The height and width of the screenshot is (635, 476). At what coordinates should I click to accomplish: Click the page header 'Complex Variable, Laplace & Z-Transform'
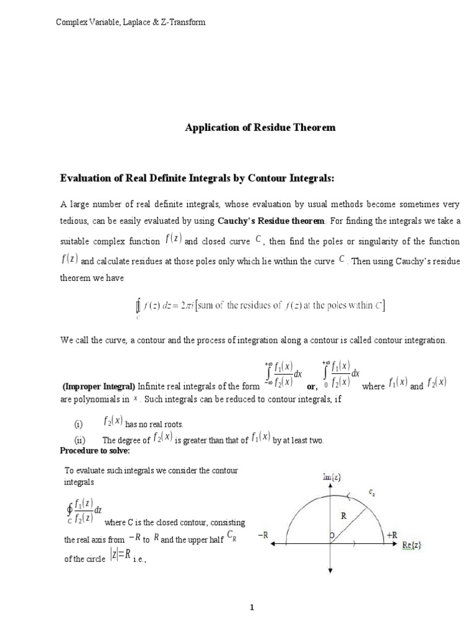[131, 22]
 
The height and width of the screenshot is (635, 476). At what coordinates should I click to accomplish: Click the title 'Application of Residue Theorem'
[260, 127]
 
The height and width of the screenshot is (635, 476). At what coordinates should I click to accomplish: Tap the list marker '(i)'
[79, 424]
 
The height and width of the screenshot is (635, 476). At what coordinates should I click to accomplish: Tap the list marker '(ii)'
[79, 440]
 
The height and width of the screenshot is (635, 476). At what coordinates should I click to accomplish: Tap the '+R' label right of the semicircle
[392, 534]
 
